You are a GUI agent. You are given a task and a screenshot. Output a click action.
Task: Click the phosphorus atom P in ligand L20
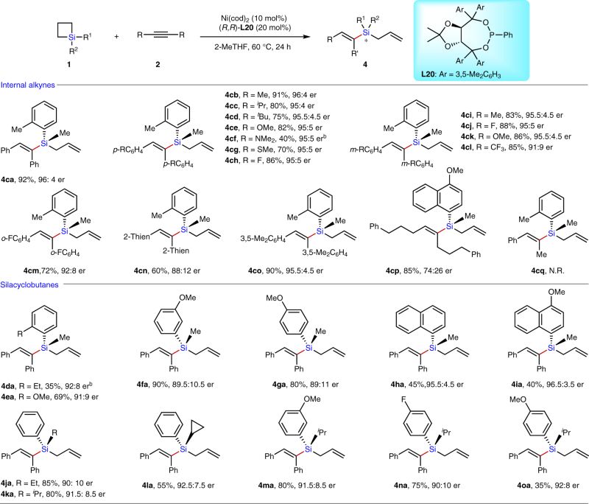click(546, 32)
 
